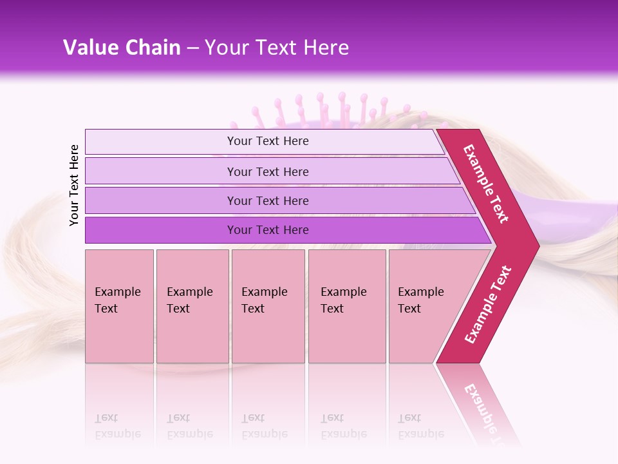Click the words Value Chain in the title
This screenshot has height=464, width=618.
click(x=122, y=48)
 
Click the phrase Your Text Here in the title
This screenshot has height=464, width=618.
click(x=277, y=48)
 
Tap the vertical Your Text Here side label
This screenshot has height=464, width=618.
click(x=74, y=185)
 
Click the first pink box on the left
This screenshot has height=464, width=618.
click(x=119, y=306)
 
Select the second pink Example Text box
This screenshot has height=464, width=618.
click(x=192, y=306)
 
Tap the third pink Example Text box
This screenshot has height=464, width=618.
click(x=268, y=306)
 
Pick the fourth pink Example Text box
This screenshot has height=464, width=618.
click(x=346, y=306)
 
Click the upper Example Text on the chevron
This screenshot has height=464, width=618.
click(x=486, y=183)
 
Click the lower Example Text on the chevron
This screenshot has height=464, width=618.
click(x=488, y=305)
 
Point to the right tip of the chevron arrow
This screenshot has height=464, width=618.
click(x=538, y=246)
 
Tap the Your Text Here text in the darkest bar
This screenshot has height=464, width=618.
click(x=268, y=230)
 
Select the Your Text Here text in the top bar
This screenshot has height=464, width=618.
click(x=268, y=141)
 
